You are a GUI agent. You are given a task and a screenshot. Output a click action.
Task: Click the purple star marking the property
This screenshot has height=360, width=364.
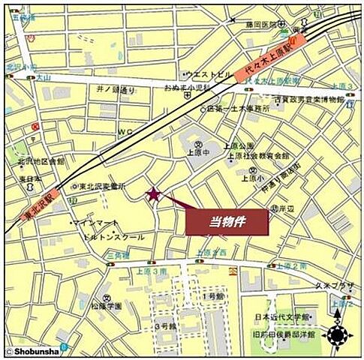tap(154, 195)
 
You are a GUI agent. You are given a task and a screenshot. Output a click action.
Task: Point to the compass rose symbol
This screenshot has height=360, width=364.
tap(339, 334)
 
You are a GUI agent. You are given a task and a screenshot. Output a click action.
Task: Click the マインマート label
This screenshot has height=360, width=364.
tap(95, 223)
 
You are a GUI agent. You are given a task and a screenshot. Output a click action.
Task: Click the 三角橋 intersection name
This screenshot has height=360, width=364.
tap(121, 256)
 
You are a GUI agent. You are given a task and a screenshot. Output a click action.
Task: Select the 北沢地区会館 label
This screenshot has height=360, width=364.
tap(41, 161)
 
